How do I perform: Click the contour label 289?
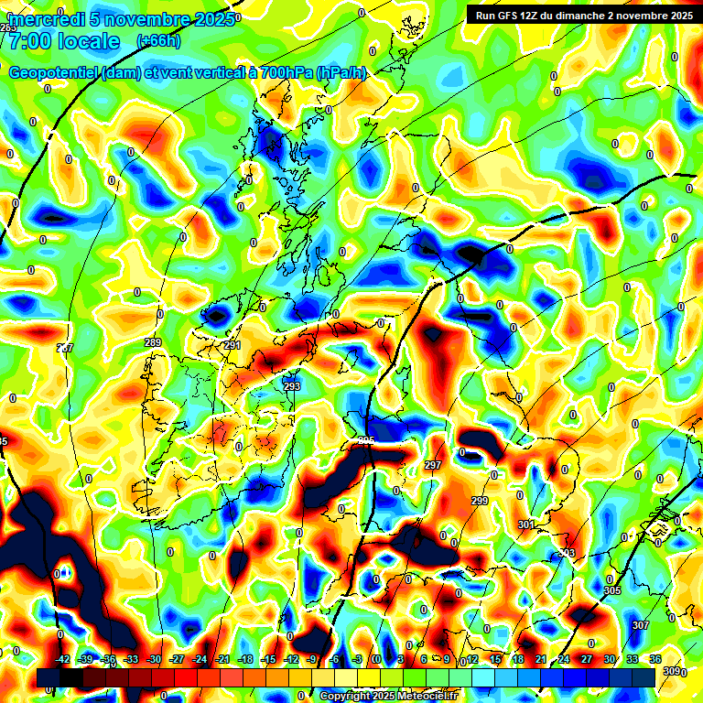pyautogui.click(x=153, y=342)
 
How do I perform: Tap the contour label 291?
pyautogui.click(x=233, y=345)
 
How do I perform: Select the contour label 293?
pyautogui.click(x=292, y=386)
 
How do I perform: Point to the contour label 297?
pyautogui.click(x=433, y=466)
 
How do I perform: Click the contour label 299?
pyautogui.click(x=480, y=501)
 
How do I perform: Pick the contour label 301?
pyautogui.click(x=525, y=525)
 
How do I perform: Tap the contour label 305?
pyautogui.click(x=612, y=591)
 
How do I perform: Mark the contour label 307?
pyautogui.click(x=641, y=625)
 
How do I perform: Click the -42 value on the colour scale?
pyautogui.click(x=63, y=659)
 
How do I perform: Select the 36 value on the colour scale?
pyautogui.click(x=655, y=659)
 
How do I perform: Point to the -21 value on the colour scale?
pyautogui.click(x=222, y=659)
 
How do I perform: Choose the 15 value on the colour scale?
pyautogui.click(x=495, y=659)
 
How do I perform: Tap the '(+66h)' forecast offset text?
pyautogui.click(x=158, y=41)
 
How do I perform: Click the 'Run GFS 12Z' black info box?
pyautogui.click(x=581, y=15)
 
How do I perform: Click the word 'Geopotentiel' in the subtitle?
pyautogui.click(x=54, y=73)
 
